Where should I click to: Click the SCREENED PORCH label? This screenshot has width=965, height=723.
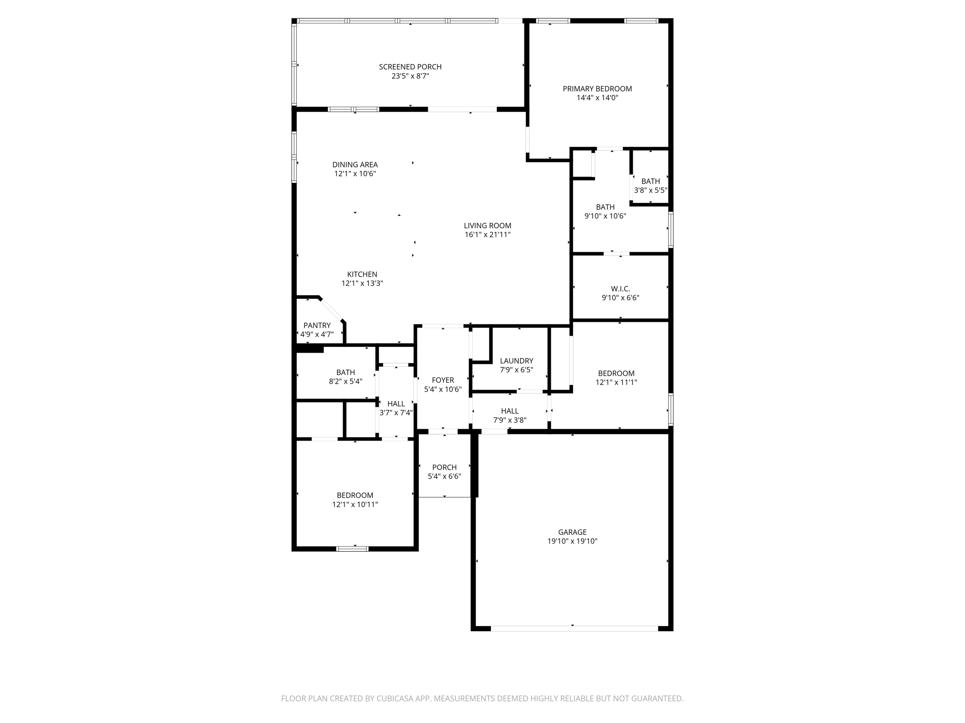[410, 67]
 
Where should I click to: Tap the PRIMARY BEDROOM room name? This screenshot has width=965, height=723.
[597, 88]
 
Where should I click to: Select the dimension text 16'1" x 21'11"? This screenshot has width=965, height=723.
[487, 234]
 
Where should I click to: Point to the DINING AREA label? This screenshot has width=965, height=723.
[355, 165]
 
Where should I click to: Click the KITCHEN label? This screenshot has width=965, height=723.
[362, 274]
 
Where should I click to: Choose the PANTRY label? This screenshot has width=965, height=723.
[317, 325]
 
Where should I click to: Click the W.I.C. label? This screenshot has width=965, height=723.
[620, 289]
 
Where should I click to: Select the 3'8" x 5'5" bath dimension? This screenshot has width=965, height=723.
[650, 191]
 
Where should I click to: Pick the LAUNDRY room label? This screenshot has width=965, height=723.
[516, 361]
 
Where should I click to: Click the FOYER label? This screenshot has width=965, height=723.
[442, 380]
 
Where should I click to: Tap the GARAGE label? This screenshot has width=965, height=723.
[572, 532]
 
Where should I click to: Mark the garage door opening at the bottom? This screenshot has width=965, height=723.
[574, 628]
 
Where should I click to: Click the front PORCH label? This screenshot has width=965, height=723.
[444, 467]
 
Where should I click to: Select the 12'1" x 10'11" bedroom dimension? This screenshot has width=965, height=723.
[355, 505]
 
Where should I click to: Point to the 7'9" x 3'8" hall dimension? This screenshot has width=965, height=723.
[509, 420]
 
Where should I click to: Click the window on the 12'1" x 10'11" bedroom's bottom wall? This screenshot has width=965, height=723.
[352, 548]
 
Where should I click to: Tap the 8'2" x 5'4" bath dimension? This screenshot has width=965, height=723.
[345, 381]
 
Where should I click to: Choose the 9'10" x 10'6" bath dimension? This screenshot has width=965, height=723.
[605, 216]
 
